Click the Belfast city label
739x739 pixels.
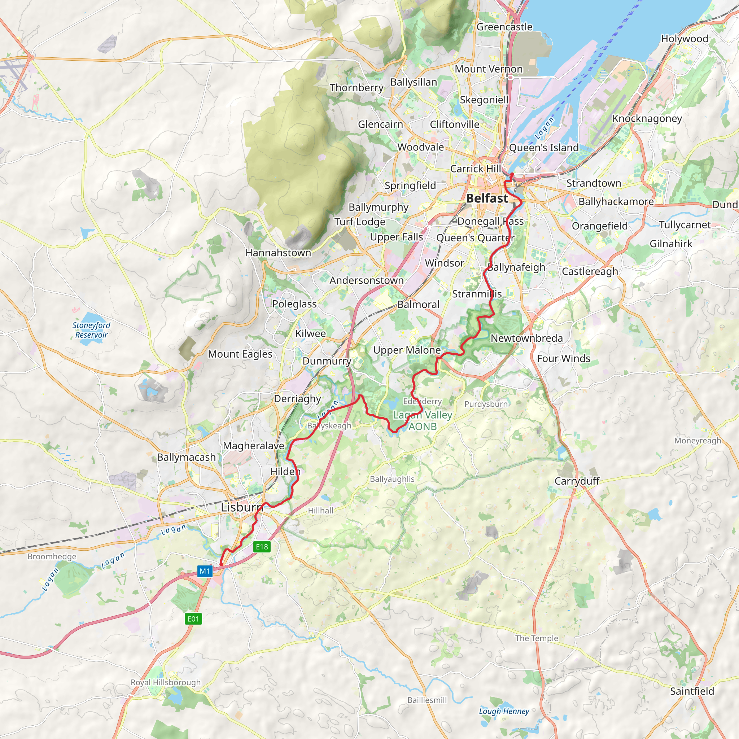(x=487, y=198)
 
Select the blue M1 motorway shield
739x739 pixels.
(x=205, y=571)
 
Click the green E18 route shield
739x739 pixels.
(x=262, y=547)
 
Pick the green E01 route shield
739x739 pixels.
(x=193, y=618)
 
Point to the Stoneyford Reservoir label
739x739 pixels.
(x=91, y=330)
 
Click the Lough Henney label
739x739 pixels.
(x=504, y=711)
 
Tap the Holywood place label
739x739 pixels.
(x=685, y=39)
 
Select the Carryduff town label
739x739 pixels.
(x=577, y=481)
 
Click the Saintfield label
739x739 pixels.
(x=692, y=691)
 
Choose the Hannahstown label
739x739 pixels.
(x=278, y=253)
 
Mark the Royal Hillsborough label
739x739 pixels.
(x=166, y=682)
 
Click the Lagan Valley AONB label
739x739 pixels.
(x=423, y=420)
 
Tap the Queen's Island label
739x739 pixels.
(x=543, y=148)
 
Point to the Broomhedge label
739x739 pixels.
(x=52, y=556)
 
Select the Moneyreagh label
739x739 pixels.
(x=698, y=441)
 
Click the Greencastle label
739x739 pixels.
(x=504, y=27)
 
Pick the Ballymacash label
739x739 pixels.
(x=186, y=457)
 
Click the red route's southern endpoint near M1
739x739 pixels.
(x=221, y=564)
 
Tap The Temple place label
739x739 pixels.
(x=536, y=638)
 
